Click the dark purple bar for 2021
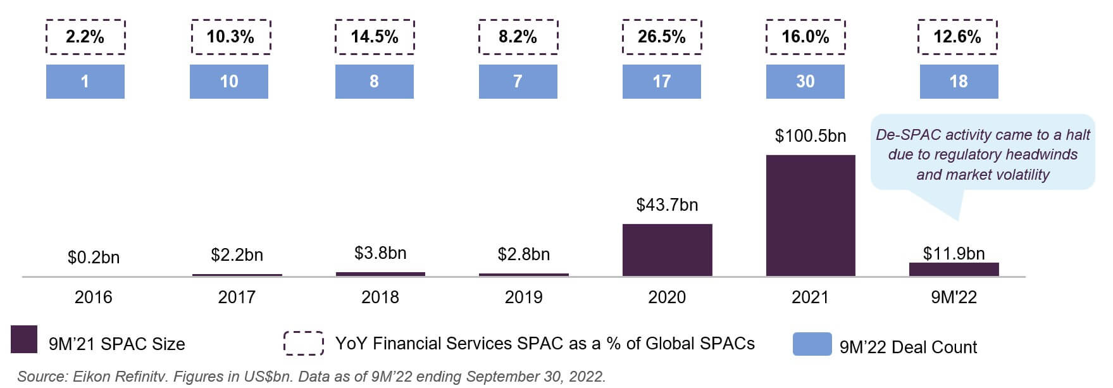point(811,216)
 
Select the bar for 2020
point(667,250)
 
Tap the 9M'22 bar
point(954,270)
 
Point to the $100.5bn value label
point(811,136)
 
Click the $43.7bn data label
point(667,205)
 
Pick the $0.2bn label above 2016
point(94,258)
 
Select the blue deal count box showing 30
point(805,82)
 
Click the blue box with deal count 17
point(662,82)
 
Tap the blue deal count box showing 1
point(85,82)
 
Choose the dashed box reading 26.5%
point(662,37)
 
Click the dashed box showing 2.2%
point(85,37)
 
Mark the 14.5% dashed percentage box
point(375,37)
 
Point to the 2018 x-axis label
point(380,297)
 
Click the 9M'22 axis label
point(954,297)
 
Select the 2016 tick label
point(94,297)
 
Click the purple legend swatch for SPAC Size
point(24,339)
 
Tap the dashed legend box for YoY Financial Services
point(304,342)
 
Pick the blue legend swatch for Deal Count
point(812,344)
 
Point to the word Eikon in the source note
point(92,377)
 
